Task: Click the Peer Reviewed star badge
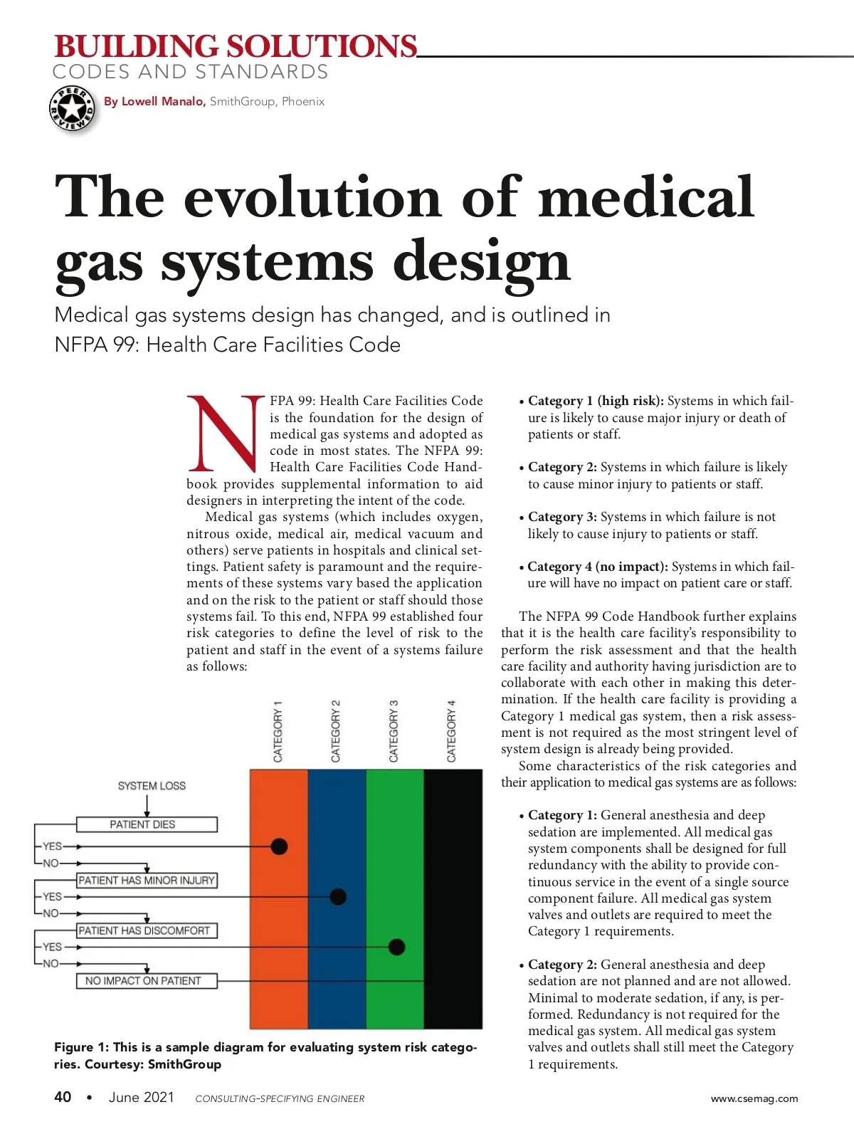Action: pyautogui.click(x=72, y=109)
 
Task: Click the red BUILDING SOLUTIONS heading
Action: pyautogui.click(x=236, y=47)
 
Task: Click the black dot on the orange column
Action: pyautogui.click(x=279, y=846)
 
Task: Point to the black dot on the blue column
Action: pyautogui.click(x=338, y=896)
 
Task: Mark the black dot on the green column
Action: pyautogui.click(x=396, y=947)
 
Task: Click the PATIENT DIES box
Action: pyautogui.click(x=146, y=824)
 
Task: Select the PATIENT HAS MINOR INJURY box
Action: pyautogui.click(x=146, y=881)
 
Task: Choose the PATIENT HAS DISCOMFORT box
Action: pyautogui.click(x=146, y=930)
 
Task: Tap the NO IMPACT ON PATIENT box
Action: pyautogui.click(x=146, y=981)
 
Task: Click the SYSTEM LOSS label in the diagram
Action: pyautogui.click(x=152, y=786)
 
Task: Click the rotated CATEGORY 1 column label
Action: pyautogui.click(x=278, y=731)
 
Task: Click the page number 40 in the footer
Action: pyautogui.click(x=63, y=1097)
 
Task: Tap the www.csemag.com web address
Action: pyautogui.click(x=754, y=1098)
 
